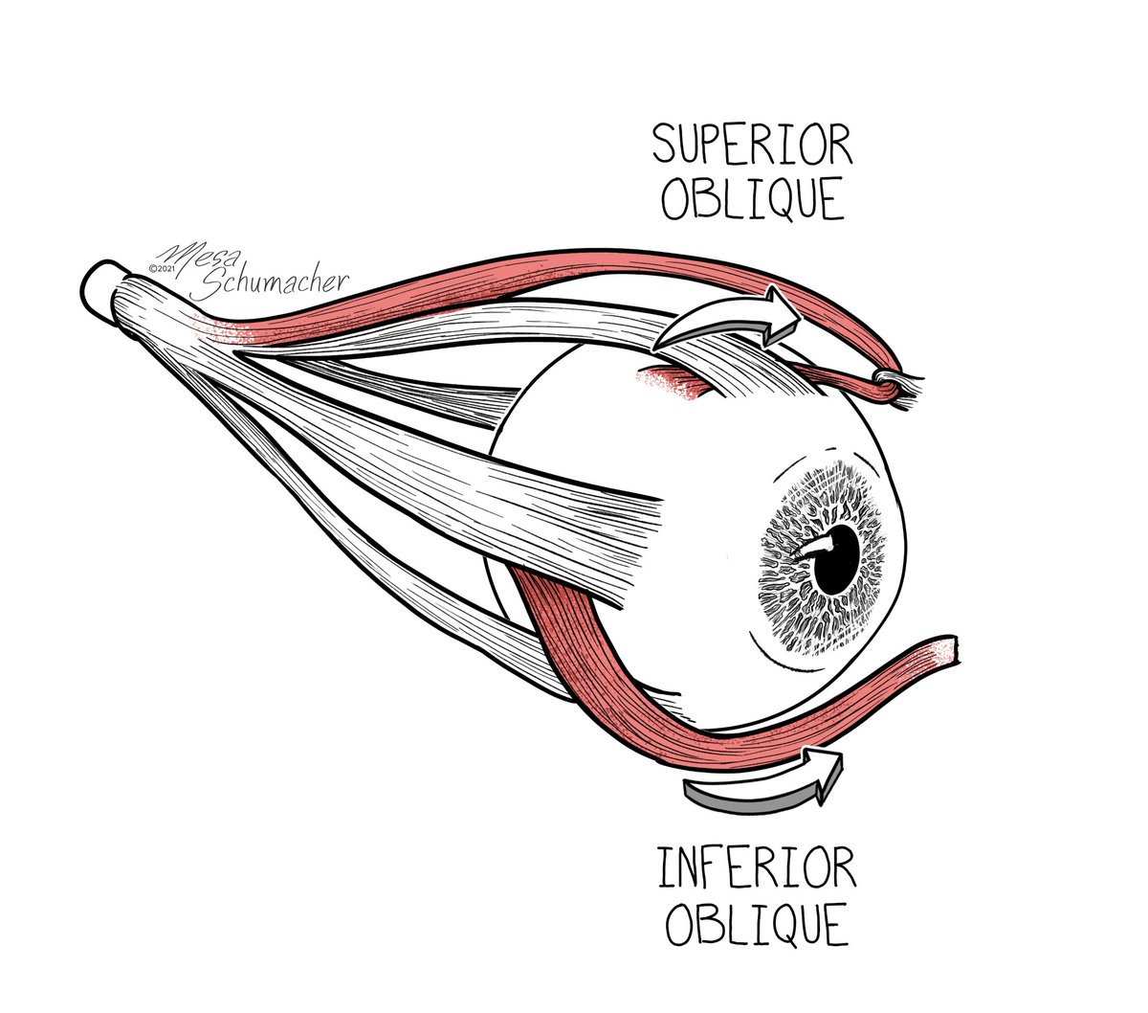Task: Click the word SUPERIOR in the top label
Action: pos(751,147)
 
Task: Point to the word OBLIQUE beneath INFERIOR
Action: pos(757,924)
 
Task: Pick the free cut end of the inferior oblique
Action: pos(947,651)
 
